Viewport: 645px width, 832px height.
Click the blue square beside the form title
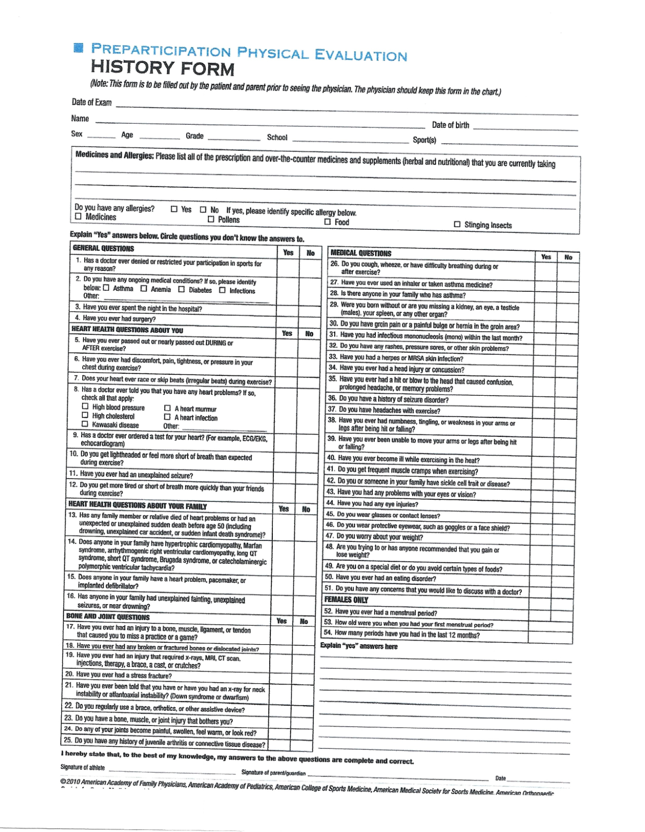[x=78, y=48]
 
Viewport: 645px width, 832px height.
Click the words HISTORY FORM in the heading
[x=163, y=68]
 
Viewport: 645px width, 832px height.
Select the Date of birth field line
[x=525, y=128]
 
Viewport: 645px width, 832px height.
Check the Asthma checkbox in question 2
[x=106, y=288]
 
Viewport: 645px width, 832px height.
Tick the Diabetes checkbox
[x=181, y=289]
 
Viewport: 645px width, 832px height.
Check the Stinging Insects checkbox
[x=457, y=224]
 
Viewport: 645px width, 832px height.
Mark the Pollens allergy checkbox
[x=211, y=219]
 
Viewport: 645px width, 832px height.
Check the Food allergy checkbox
[x=327, y=222]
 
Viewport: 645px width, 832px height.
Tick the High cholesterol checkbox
[x=85, y=415]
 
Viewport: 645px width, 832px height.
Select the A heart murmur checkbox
[x=167, y=408]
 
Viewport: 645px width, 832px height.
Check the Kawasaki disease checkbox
[x=85, y=424]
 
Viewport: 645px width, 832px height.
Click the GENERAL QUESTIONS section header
[x=103, y=249]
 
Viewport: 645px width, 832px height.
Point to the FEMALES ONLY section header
[x=346, y=600]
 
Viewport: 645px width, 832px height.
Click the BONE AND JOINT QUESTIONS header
[x=108, y=617]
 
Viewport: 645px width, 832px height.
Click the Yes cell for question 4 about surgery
[x=287, y=319]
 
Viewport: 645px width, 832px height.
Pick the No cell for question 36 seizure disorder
[x=568, y=400]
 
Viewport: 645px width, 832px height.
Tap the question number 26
[x=335, y=264]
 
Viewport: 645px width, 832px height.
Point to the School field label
[x=277, y=137]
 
